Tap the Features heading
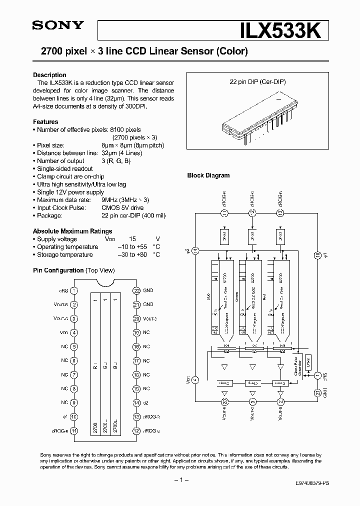(45, 121)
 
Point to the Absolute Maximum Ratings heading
(72, 231)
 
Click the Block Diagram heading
(208, 175)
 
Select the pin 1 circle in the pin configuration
(74, 290)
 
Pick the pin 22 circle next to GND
(136, 290)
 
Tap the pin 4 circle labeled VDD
(74, 332)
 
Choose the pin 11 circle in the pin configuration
(74, 430)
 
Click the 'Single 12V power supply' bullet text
(70, 192)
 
